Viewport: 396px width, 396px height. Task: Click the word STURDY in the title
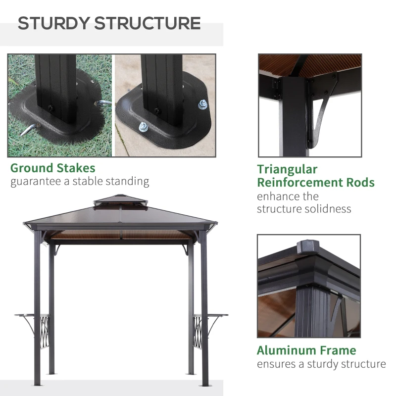point(53,23)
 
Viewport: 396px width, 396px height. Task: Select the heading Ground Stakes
point(52,168)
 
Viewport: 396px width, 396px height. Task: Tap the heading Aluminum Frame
point(306,350)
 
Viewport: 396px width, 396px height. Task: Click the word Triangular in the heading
point(287,169)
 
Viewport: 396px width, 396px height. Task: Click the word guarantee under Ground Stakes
point(33,181)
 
